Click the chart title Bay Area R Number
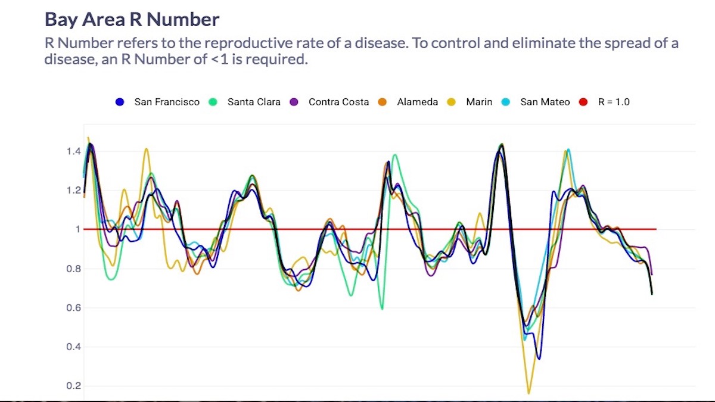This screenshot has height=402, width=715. (132, 19)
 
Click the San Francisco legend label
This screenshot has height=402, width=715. (167, 102)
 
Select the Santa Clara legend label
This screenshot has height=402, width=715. (254, 102)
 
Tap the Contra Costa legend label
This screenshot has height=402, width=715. (338, 102)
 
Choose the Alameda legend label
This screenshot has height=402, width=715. (417, 102)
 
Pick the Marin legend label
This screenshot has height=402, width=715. (479, 102)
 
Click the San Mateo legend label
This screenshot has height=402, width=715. (545, 102)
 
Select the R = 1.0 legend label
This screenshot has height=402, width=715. (614, 102)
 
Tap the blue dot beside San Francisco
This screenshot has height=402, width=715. (120, 102)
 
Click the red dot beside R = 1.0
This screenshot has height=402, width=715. (584, 102)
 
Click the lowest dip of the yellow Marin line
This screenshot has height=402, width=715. (529, 393)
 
